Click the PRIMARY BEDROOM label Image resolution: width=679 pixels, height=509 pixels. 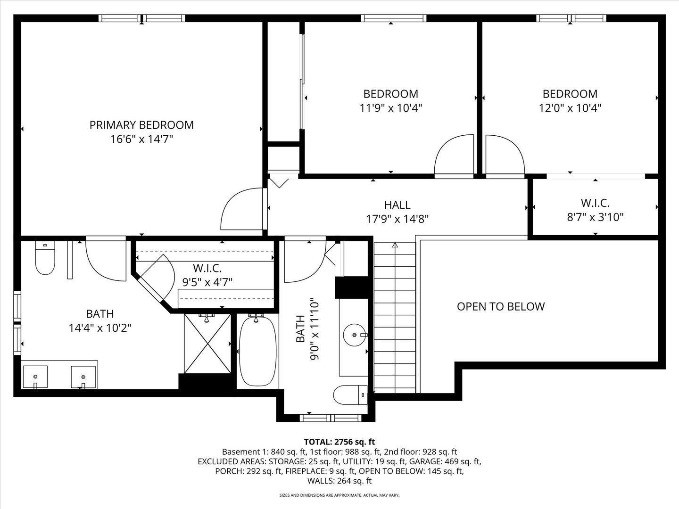[x=141, y=125]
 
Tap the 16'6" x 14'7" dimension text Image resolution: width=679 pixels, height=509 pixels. [x=141, y=139]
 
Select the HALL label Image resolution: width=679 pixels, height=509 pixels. [x=397, y=205]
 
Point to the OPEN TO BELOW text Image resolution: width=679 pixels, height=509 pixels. [x=501, y=306]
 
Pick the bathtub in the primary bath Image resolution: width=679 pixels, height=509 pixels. [x=257, y=351]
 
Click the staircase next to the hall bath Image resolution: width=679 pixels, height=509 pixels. [x=395, y=318]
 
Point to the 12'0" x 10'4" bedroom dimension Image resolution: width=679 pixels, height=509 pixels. [x=570, y=108]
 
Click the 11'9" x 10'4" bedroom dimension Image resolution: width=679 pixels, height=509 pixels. [x=390, y=108]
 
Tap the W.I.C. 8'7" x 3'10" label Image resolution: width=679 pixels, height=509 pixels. [x=595, y=210]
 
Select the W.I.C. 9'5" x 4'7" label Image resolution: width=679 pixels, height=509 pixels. [x=207, y=275]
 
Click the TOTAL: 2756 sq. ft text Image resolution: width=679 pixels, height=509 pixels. [x=339, y=442]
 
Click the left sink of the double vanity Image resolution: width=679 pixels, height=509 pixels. [x=35, y=377]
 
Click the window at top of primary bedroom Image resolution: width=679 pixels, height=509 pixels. [x=141, y=18]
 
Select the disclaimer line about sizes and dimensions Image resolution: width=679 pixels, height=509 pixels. [x=339, y=495]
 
